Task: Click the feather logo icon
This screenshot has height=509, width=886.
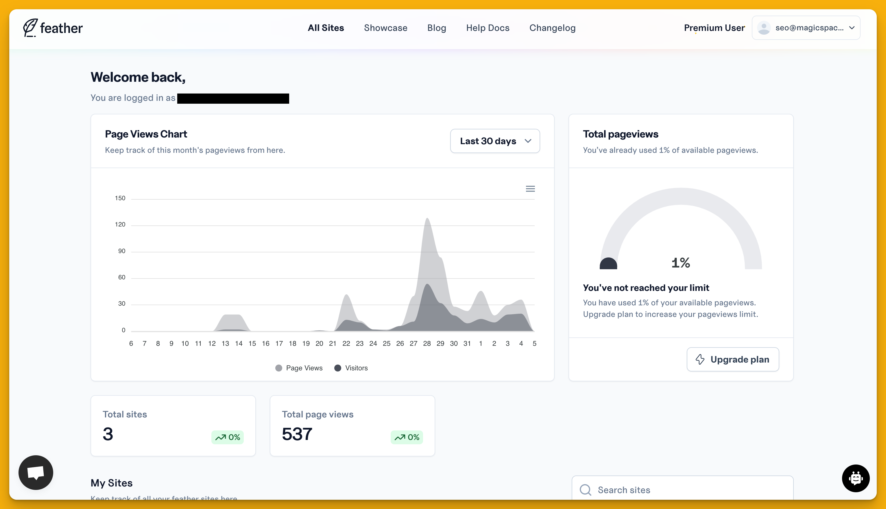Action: tap(30, 28)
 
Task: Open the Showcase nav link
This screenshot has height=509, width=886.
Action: tap(385, 28)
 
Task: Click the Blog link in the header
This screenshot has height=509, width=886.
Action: tap(436, 28)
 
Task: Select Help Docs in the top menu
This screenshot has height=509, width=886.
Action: tap(488, 28)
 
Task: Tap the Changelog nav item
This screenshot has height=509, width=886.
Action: tap(552, 28)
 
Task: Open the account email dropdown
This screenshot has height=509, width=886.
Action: tap(806, 28)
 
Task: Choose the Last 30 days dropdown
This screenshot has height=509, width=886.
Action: tap(494, 141)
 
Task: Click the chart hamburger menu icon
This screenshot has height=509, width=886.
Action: tap(530, 189)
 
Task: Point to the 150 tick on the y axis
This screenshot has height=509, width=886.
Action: tap(120, 198)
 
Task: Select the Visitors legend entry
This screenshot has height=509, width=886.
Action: tap(351, 368)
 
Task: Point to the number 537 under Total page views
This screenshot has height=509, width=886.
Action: tap(297, 434)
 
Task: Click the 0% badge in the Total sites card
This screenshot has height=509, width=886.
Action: tap(228, 437)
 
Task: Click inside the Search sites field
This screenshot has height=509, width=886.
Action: tap(682, 490)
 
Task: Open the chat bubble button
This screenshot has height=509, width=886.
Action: tap(36, 472)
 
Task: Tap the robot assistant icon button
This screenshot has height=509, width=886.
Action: tap(855, 478)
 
